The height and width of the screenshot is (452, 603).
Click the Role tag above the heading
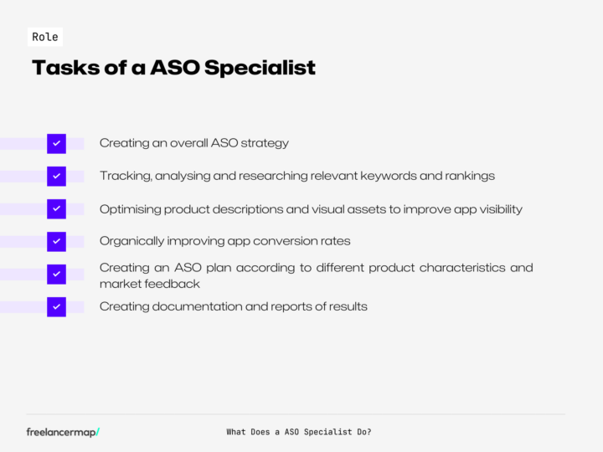(45, 37)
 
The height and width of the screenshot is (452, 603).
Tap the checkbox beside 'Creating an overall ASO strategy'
(56, 143)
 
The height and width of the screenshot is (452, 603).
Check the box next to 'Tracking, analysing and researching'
(56, 176)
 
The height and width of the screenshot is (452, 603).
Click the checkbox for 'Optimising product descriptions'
(56, 208)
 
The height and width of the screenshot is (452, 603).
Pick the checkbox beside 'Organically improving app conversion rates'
(56, 241)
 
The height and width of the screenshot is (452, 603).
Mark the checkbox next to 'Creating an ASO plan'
(56, 274)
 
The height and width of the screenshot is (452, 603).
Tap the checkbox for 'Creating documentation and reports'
(56, 306)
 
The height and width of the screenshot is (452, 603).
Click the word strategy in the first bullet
(265, 143)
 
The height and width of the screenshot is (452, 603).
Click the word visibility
(497, 208)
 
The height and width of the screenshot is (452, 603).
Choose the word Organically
(131, 241)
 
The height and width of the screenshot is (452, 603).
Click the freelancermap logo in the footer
(63, 432)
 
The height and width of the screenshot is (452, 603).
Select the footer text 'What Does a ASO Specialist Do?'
(299, 432)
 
